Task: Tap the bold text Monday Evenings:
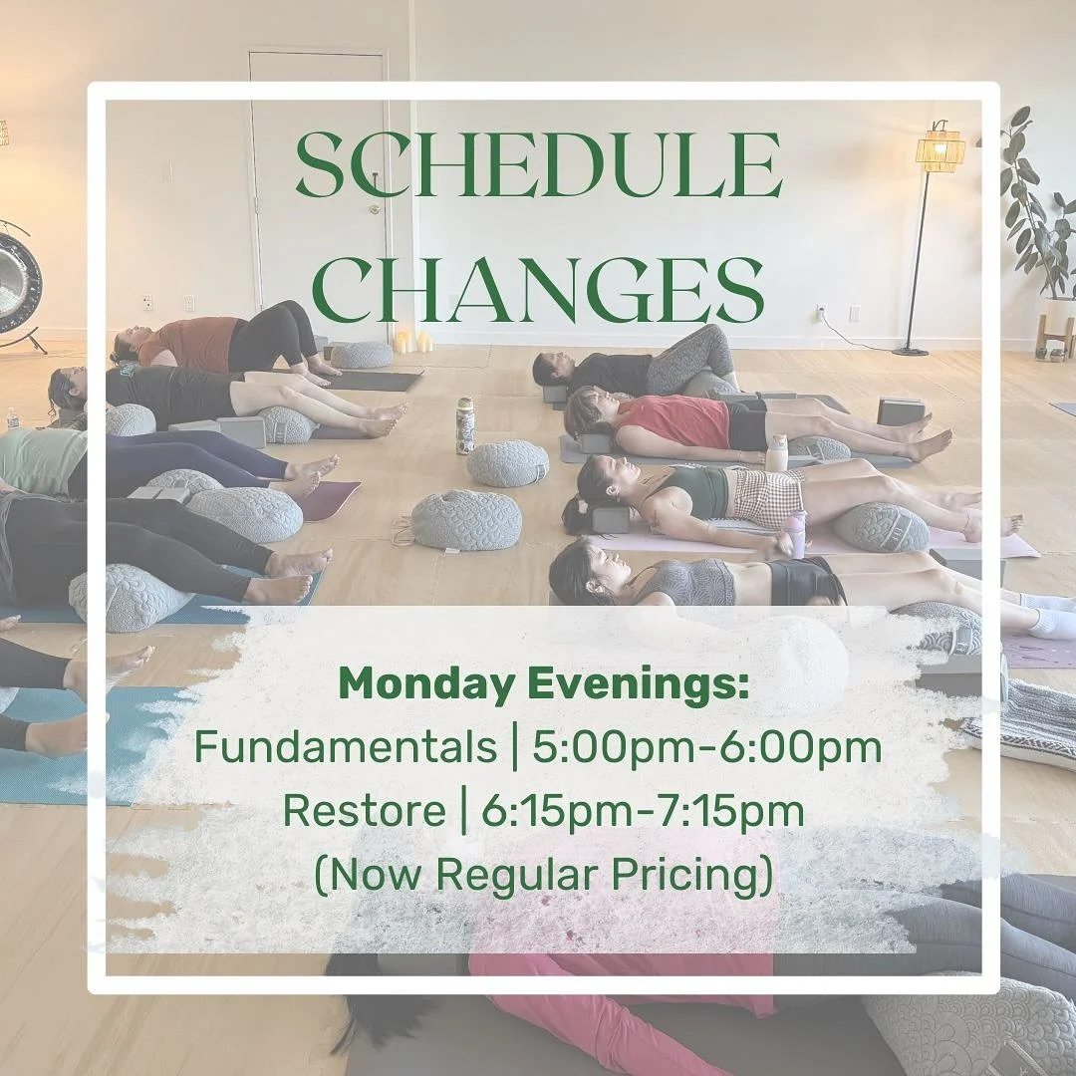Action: (543, 685)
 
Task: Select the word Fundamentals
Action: (345, 747)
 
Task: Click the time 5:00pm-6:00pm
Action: (707, 747)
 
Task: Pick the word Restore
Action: (365, 810)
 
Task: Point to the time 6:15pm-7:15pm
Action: (643, 810)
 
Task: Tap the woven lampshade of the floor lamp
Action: (940, 151)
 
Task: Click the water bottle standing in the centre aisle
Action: (464, 425)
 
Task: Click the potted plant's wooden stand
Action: (1054, 334)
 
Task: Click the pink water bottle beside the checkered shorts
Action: (797, 534)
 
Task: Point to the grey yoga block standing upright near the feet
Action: (900, 411)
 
